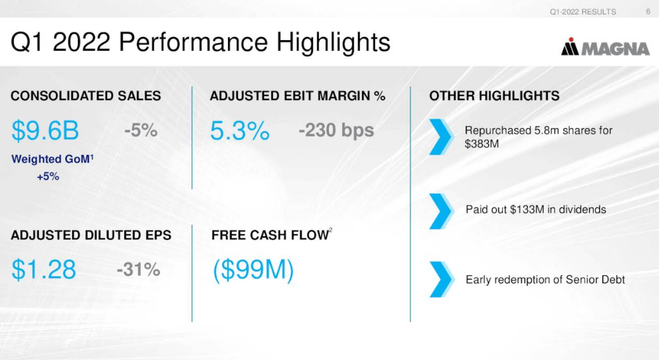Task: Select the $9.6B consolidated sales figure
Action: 45,131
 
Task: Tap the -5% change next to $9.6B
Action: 141,130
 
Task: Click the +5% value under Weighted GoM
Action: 48,177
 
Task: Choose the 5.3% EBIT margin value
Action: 239,131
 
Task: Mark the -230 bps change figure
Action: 336,130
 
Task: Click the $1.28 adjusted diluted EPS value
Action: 43,270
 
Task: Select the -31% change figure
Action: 138,270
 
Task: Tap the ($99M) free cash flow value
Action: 253,270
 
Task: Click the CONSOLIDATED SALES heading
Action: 86,96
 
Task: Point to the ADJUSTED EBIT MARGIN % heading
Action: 297,96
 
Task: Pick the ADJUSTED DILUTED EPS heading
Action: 91,236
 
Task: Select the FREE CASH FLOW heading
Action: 271,236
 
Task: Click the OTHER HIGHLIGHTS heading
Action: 494,96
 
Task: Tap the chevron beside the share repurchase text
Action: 442,136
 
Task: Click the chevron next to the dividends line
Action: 442,210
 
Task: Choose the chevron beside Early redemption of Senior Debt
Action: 442,279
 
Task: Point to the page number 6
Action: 648,11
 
